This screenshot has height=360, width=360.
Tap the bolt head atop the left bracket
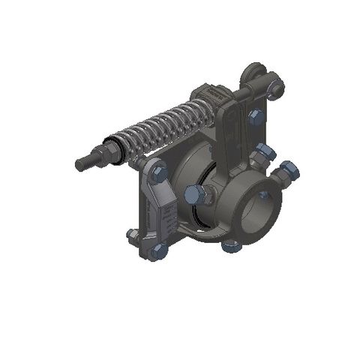click(x=159, y=173)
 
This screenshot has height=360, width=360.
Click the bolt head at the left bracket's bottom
click(x=157, y=251)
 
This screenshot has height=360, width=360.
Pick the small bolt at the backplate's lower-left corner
click(x=132, y=235)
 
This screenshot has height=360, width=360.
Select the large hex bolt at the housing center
click(x=193, y=194)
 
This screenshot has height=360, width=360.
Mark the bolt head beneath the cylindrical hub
click(x=231, y=244)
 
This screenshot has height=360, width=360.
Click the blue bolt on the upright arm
click(x=255, y=116)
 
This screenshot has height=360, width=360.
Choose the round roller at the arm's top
click(x=253, y=74)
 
